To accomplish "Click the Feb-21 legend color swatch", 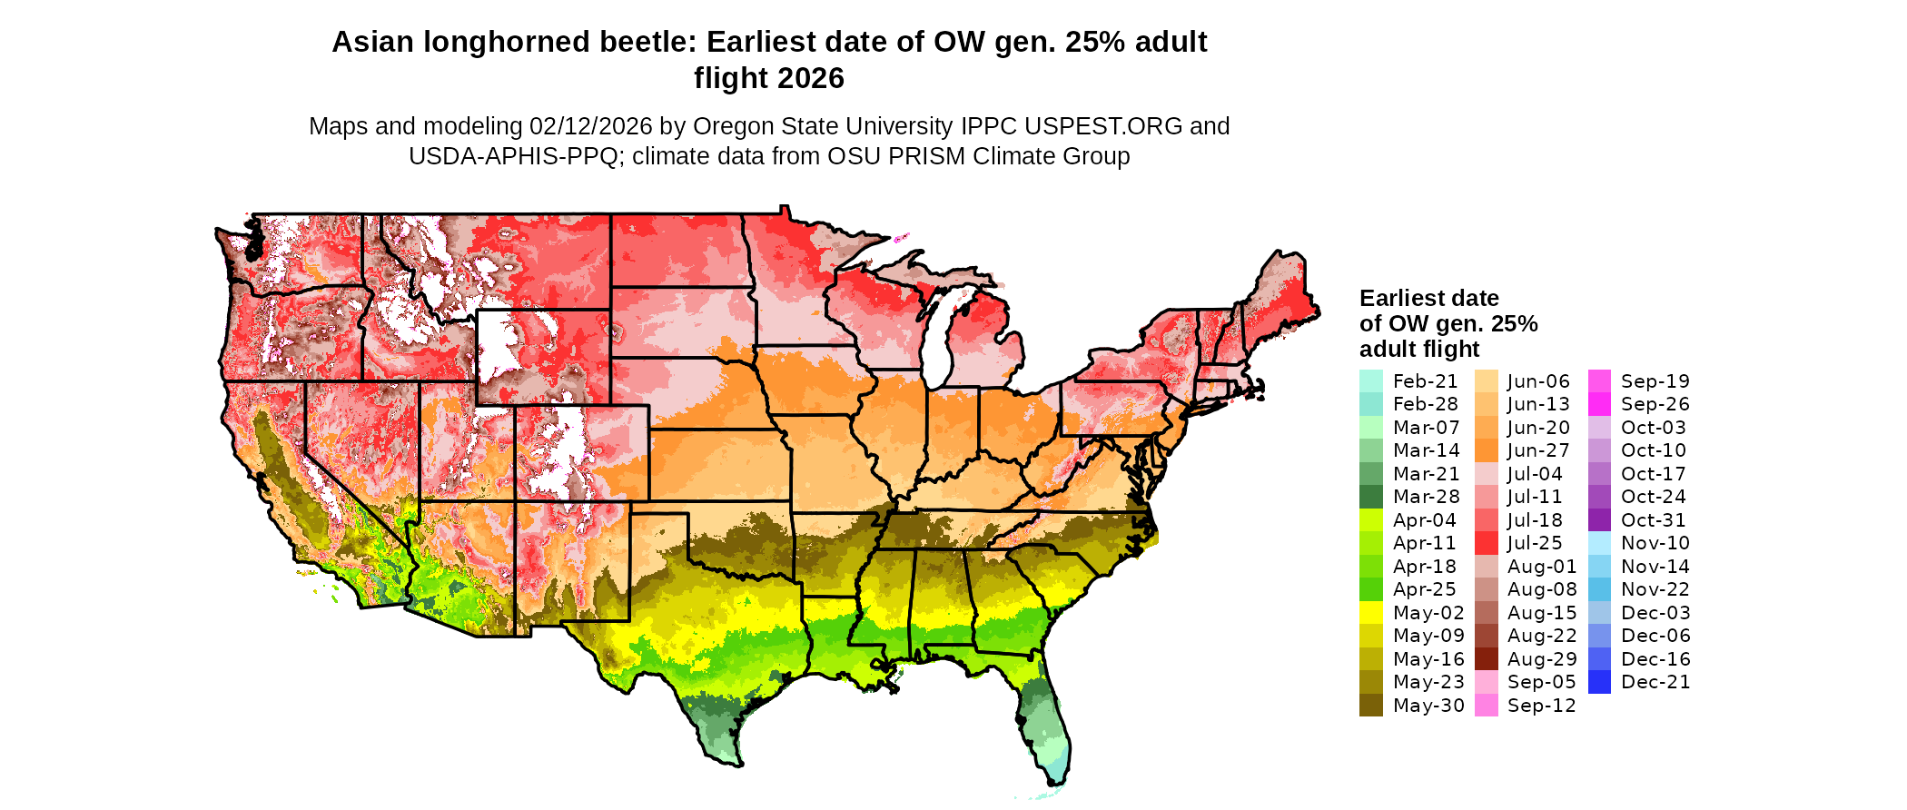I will click(x=1370, y=381).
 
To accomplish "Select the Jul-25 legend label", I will click(x=1535, y=543).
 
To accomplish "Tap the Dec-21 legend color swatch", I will click(x=1599, y=682).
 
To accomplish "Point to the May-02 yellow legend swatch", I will click(x=1370, y=613).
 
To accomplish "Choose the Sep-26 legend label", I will click(x=1655, y=404).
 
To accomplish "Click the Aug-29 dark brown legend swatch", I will click(x=1486, y=659).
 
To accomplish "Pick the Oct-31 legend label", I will click(x=1653, y=520).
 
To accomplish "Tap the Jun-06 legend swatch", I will click(x=1486, y=381).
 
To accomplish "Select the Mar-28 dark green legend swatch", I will click(x=1370, y=497).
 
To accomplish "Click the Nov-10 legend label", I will click(x=1655, y=543).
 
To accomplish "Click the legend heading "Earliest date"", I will click(x=1428, y=298).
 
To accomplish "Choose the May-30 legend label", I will click(x=1428, y=706).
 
